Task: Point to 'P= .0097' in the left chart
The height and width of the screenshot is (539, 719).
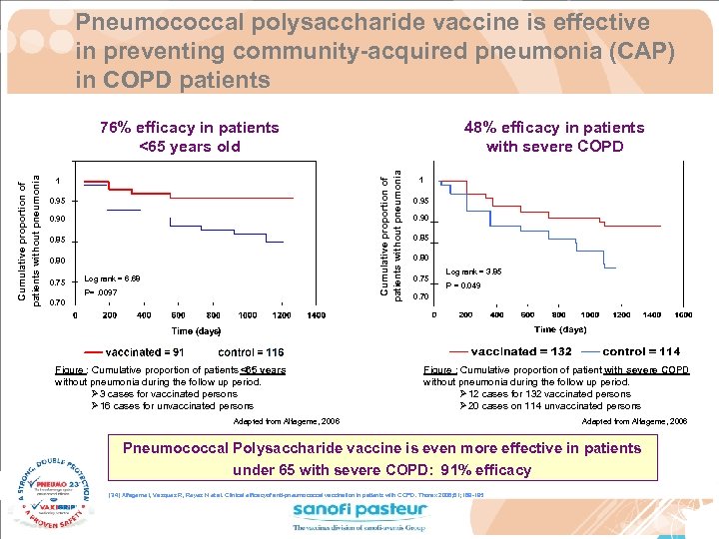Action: pyautogui.click(x=102, y=293)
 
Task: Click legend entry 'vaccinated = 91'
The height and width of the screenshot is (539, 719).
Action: pyautogui.click(x=145, y=352)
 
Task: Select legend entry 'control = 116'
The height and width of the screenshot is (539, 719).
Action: pyautogui.click(x=251, y=352)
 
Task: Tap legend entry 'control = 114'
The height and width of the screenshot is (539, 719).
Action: pyautogui.click(x=641, y=351)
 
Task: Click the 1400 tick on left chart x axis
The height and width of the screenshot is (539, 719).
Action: pyautogui.click(x=315, y=315)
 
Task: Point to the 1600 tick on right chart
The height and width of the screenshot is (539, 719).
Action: pyautogui.click(x=683, y=315)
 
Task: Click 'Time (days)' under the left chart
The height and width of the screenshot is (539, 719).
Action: pyautogui.click(x=196, y=330)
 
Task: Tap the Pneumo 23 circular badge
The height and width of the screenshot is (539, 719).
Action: pyautogui.click(x=50, y=490)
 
